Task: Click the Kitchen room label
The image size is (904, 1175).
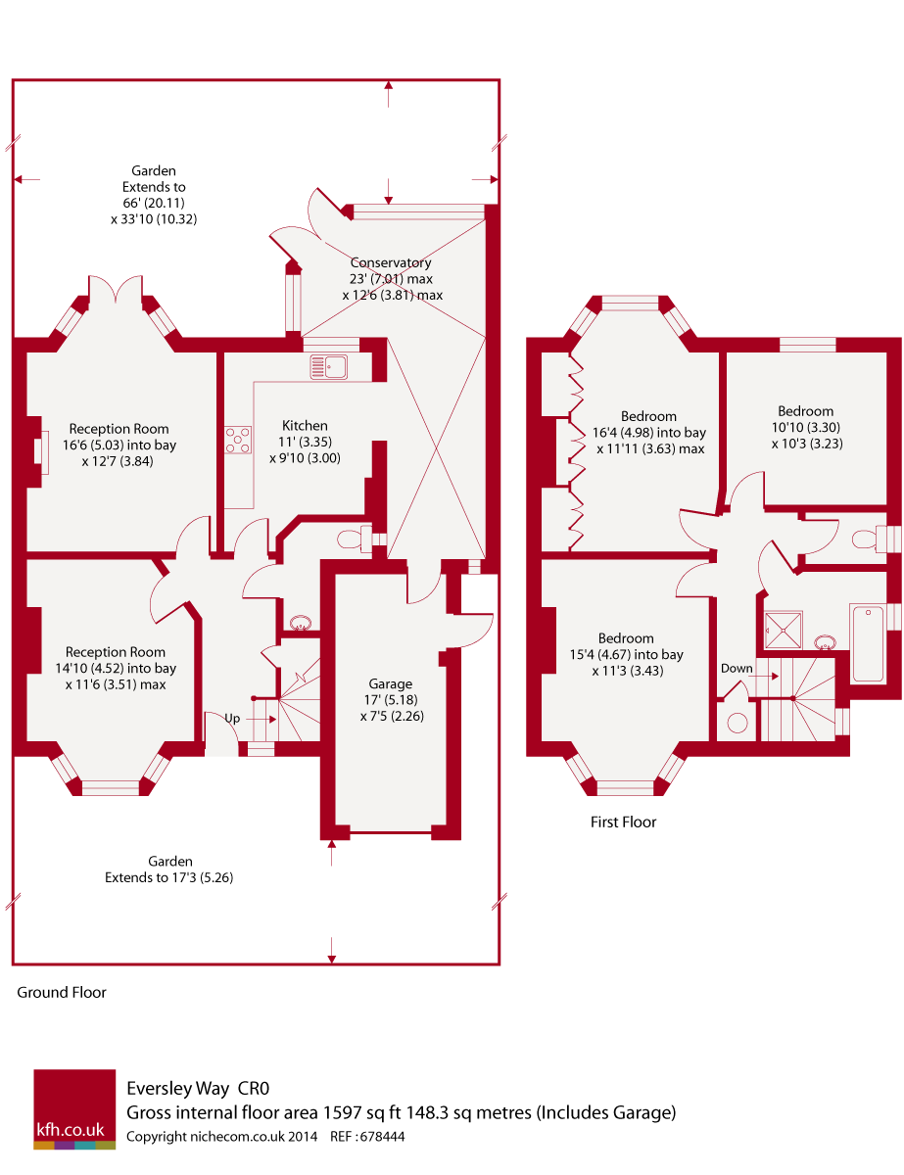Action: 305,425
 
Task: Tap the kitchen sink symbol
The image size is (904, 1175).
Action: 328,366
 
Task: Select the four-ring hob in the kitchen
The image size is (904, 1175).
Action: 238,440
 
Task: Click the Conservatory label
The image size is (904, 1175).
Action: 391,262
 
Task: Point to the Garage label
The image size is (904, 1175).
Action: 391,683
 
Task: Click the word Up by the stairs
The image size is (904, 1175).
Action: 232,718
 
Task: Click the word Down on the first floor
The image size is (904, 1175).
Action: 737,668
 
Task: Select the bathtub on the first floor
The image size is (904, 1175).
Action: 868,642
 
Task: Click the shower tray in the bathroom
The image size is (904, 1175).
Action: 783,629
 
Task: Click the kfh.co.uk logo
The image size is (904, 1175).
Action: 74,1108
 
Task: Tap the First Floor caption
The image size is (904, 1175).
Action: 623,822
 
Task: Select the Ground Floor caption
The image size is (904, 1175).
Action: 62,992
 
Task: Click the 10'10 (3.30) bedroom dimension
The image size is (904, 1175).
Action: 806,427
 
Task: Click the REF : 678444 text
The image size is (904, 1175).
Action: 367,1137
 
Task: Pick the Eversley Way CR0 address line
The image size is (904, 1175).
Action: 198,1088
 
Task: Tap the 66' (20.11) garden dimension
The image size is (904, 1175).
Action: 154,203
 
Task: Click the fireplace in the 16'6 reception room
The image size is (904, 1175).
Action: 42,451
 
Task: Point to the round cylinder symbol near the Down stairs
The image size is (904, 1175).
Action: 737,723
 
